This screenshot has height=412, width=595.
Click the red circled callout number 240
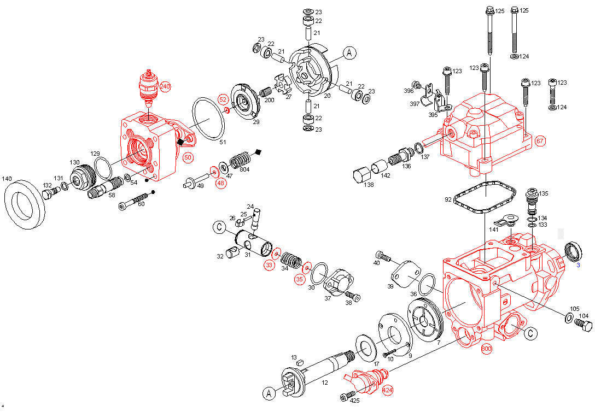coord(165,87)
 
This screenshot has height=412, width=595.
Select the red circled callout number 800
coord(487,349)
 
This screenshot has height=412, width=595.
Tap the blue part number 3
coord(578,265)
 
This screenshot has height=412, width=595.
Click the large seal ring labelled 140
coord(25,204)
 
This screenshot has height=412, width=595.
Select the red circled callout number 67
coord(540,141)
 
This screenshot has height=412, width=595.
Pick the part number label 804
coord(245,169)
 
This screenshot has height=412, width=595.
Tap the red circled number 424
coord(387,390)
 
